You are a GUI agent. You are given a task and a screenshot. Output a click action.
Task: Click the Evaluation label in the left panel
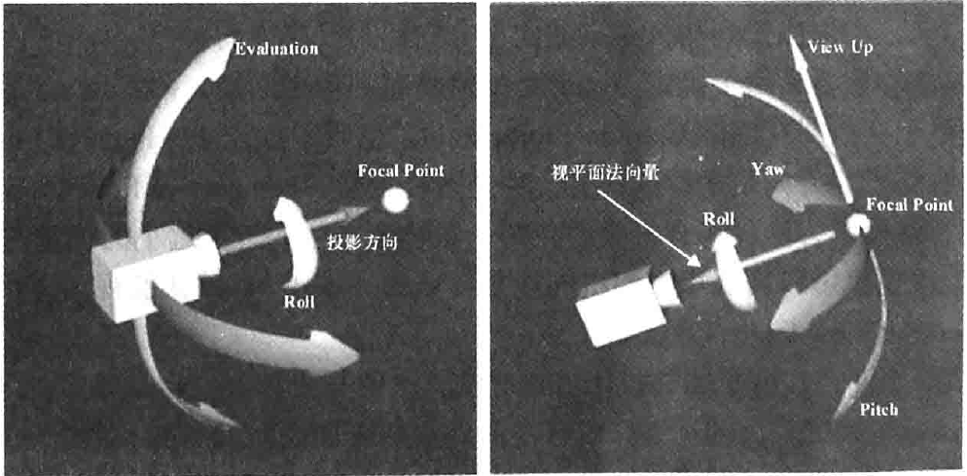pyautogui.click(x=277, y=48)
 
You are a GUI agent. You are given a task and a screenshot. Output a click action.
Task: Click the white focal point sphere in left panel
pyautogui.click(x=395, y=201)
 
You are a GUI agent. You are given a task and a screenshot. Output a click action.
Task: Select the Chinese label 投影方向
pyautogui.click(x=358, y=243)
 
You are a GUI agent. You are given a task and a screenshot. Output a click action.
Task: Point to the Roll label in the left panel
pyautogui.click(x=299, y=301)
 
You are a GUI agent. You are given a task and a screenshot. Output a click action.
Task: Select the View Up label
pyautogui.click(x=841, y=47)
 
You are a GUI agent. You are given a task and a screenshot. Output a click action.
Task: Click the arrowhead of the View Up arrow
pyautogui.click(x=796, y=51)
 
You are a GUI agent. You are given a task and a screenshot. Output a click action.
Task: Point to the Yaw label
pyautogui.click(x=767, y=168)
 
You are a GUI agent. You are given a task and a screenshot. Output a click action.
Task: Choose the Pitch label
pyautogui.click(x=879, y=409)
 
